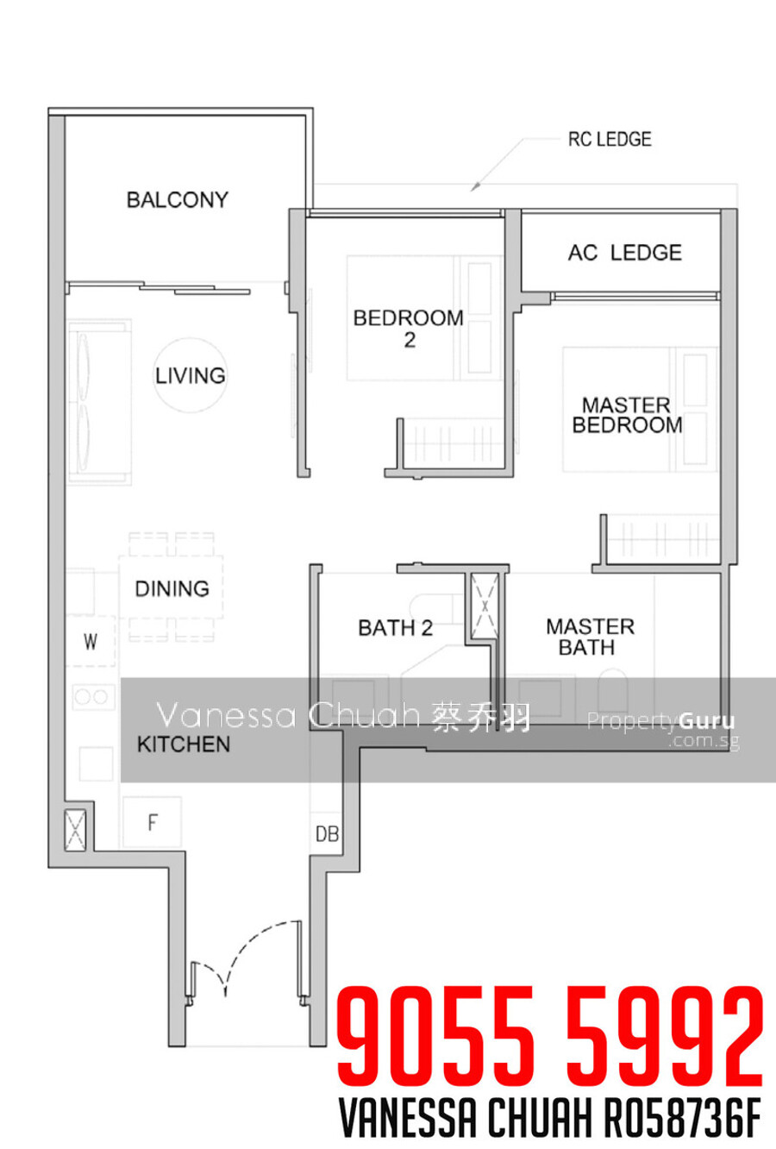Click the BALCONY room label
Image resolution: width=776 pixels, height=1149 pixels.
click(178, 200)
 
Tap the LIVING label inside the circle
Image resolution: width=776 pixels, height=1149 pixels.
click(191, 376)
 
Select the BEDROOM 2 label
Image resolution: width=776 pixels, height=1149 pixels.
click(409, 329)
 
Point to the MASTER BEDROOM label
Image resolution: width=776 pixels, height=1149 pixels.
click(627, 416)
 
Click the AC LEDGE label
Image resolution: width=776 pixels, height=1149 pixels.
click(625, 253)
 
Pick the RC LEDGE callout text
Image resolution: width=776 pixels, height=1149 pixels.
click(610, 139)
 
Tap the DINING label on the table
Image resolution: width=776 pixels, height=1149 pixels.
click(172, 589)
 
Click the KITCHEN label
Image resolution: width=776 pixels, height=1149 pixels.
click(184, 744)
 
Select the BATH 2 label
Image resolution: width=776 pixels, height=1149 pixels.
click(395, 628)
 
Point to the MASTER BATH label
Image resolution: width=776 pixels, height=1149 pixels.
click(590, 637)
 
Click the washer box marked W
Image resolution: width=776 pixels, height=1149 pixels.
click(91, 641)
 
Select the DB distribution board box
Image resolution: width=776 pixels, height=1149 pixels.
click(327, 834)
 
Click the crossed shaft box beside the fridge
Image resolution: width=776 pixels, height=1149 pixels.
click(75, 831)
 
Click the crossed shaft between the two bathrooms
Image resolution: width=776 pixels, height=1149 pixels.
click(485, 606)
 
